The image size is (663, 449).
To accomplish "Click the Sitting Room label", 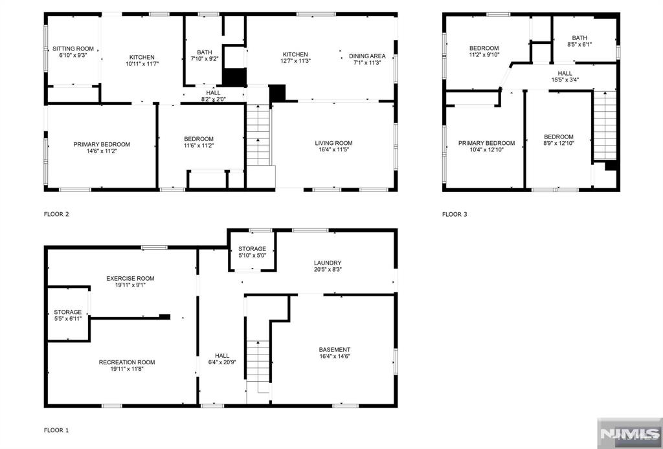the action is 73,49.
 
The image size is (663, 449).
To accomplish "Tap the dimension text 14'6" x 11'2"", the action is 102,151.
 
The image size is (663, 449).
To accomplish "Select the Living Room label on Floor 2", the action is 333,143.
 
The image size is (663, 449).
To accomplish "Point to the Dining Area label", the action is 367,56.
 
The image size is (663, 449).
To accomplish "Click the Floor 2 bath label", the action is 205,52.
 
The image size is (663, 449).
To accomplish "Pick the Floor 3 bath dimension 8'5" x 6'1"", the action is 579,44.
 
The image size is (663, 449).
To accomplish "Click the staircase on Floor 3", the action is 605,125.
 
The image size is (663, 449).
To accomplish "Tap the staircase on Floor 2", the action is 258,135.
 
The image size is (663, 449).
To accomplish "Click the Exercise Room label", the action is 130,278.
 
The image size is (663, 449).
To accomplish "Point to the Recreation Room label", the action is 127,362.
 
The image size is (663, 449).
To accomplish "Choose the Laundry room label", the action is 328,263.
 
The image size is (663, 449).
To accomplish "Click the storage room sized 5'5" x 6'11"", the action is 67,315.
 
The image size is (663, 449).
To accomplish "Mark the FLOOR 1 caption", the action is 56,430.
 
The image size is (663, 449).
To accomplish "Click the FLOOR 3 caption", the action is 455,214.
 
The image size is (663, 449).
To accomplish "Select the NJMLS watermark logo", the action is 629,433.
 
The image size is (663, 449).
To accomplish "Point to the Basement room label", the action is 335,349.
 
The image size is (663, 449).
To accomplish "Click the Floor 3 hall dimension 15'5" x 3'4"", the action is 565,80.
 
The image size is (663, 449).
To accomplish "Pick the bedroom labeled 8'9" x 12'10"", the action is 559,140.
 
